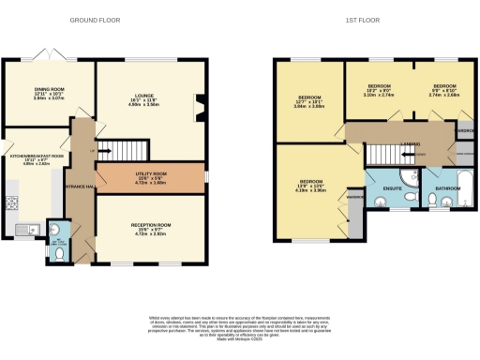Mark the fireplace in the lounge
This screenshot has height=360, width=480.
[x=199, y=107]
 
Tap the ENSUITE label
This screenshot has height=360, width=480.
[x=393, y=187]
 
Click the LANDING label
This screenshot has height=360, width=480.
[x=409, y=143]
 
